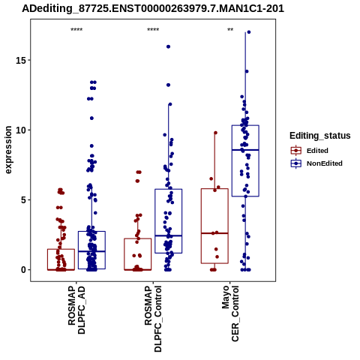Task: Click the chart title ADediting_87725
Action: (x=153, y=9)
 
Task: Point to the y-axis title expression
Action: (x=8, y=150)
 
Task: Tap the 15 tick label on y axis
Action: (x=21, y=60)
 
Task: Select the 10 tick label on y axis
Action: (x=21, y=130)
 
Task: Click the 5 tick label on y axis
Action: (x=23, y=199)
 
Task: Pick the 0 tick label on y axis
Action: (x=23, y=270)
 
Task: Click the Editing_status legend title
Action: (x=320, y=136)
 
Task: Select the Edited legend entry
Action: (x=317, y=151)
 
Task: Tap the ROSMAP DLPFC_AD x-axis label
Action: (x=76, y=310)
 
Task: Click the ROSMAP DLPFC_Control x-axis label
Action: (x=153, y=319)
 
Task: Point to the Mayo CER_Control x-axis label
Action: (x=230, y=313)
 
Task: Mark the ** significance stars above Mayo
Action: (x=230, y=30)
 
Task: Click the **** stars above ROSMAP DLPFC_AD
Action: (x=76, y=30)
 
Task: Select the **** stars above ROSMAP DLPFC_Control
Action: (x=153, y=30)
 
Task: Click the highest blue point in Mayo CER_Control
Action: (x=249, y=32)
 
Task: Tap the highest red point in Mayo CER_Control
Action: (x=215, y=133)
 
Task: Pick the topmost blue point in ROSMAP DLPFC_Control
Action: (x=168, y=46)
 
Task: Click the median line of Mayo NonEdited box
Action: (x=245, y=150)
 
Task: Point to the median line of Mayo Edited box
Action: (x=214, y=233)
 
